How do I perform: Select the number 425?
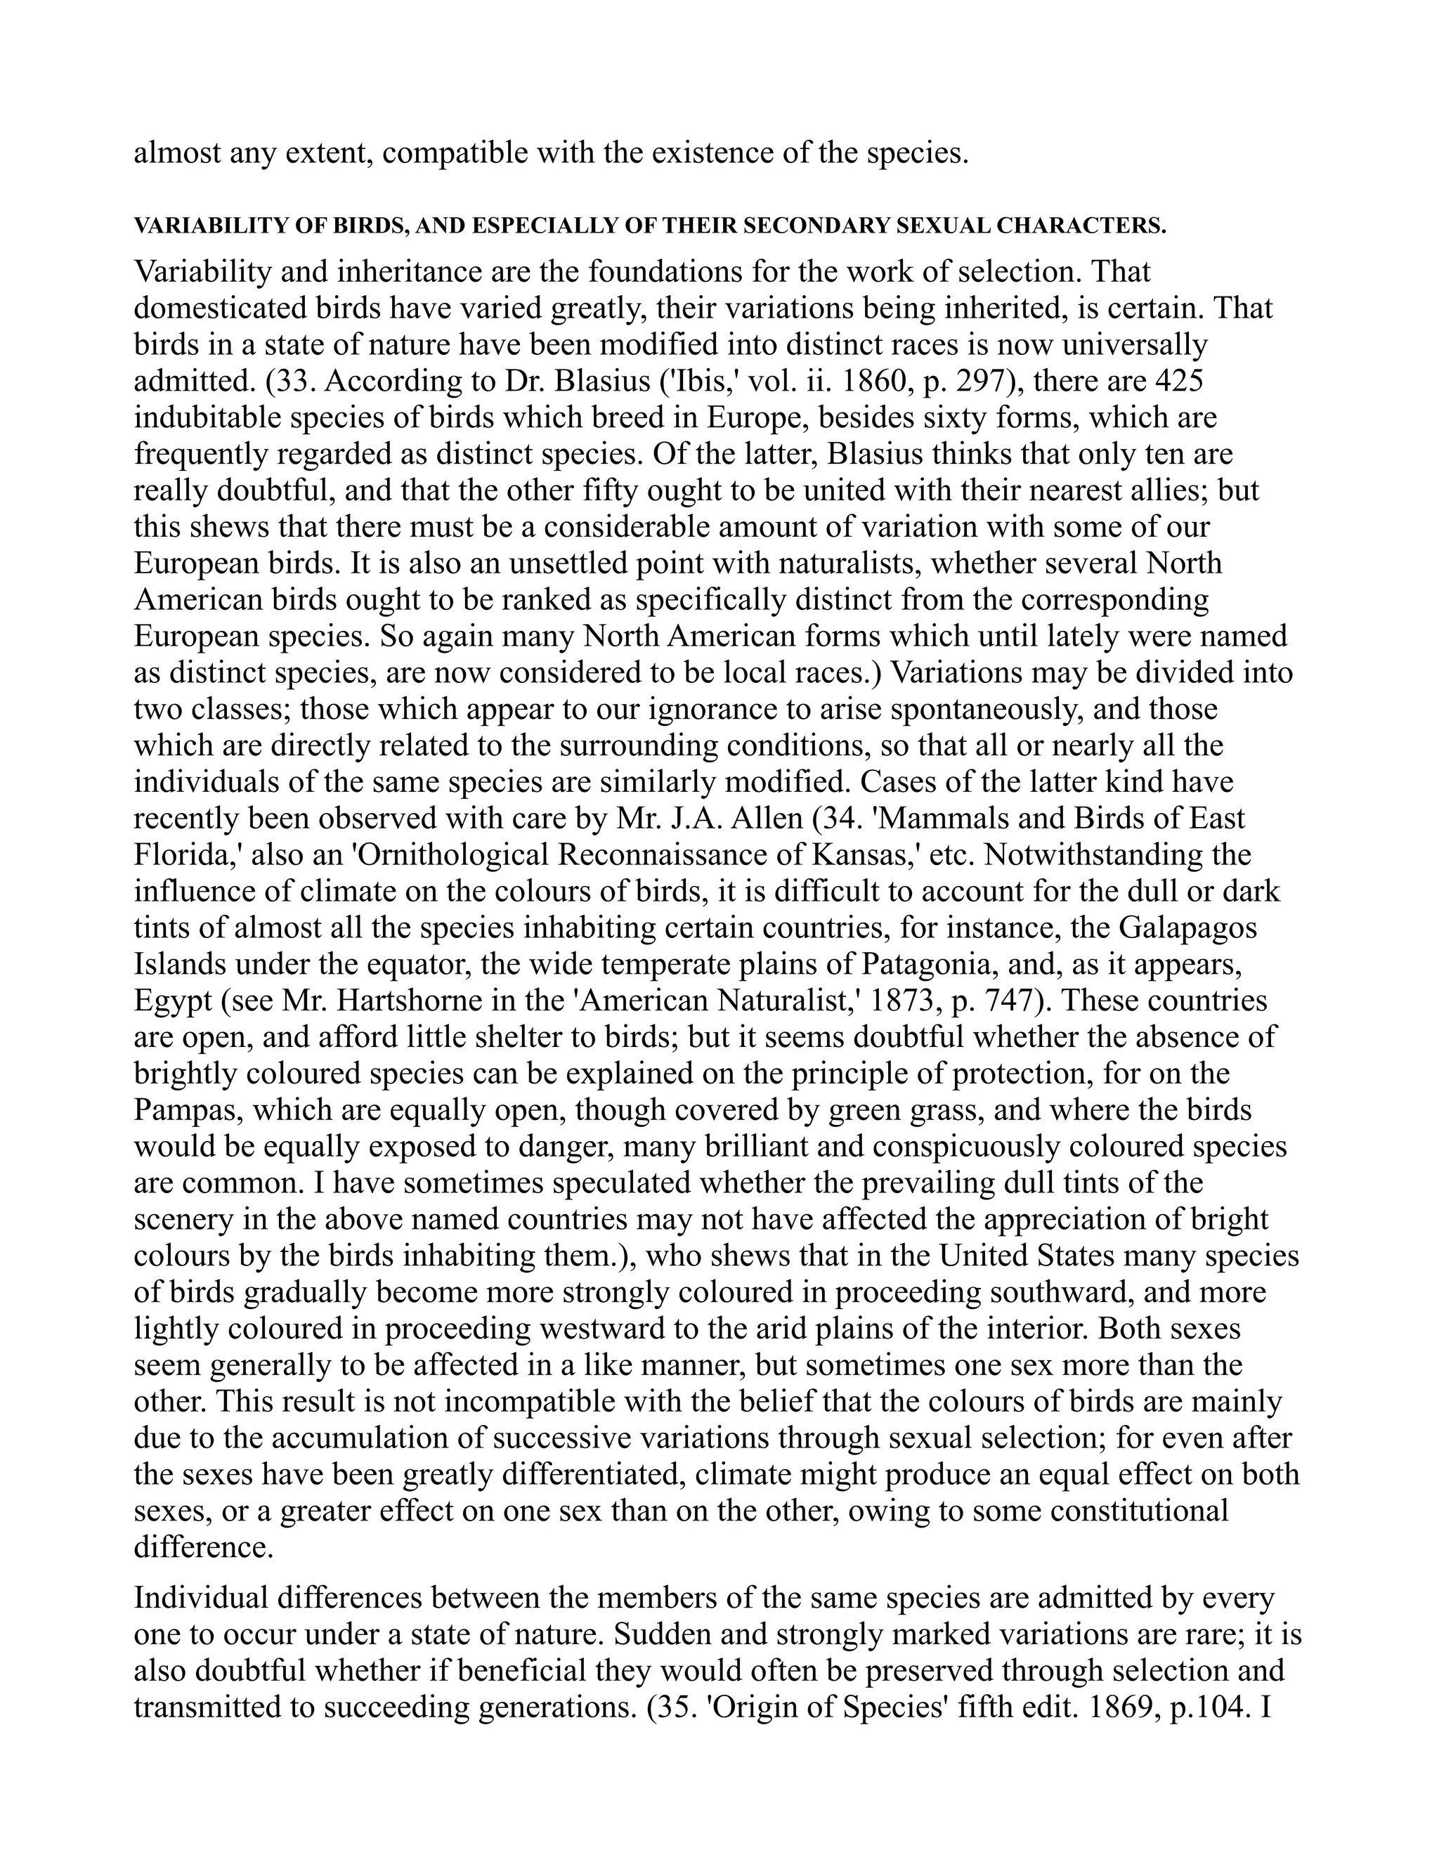point(1179,381)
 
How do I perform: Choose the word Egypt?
point(172,1001)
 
